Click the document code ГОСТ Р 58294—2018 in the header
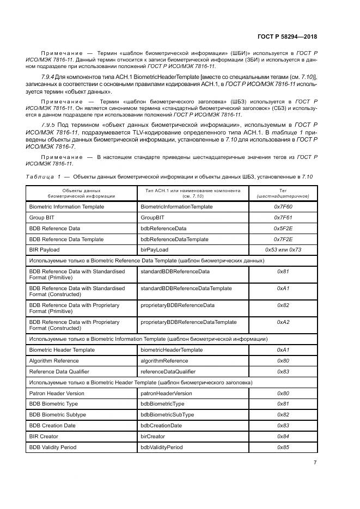(287, 36)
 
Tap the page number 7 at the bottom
(314, 462)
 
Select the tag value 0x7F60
(283, 207)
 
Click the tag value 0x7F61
(283, 218)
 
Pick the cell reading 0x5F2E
(283, 228)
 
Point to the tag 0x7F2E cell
(283, 239)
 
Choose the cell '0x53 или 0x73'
(283, 249)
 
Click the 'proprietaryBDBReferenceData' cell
(178, 305)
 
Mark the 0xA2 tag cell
(283, 322)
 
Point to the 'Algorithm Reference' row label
(54, 360)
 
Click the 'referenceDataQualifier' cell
(168, 371)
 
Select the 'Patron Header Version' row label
(57, 393)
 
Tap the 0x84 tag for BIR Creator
(283, 436)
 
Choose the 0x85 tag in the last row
(283, 447)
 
